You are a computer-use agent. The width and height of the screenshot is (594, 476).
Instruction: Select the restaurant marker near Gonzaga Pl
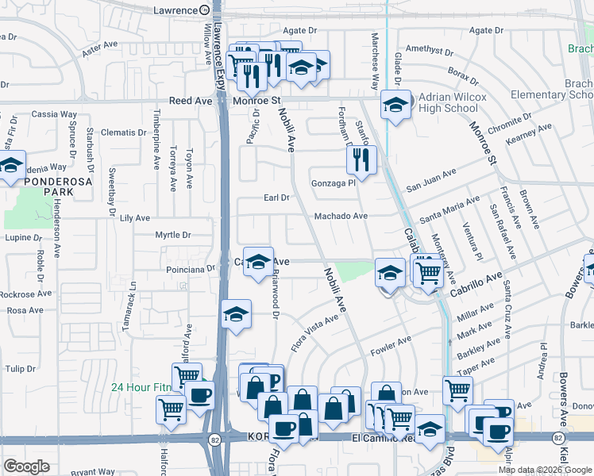[361, 161]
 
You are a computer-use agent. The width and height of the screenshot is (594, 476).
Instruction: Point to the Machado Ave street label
[341, 216]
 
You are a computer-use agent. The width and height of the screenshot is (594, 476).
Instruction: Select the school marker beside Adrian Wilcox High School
[395, 106]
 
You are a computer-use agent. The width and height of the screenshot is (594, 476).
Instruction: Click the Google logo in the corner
[27, 466]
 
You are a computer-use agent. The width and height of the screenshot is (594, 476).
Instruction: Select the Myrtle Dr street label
[173, 235]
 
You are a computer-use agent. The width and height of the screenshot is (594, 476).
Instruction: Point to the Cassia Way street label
[56, 114]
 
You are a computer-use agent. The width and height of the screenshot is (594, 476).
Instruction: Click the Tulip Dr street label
[21, 369]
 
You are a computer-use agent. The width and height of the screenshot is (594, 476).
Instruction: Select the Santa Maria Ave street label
[450, 209]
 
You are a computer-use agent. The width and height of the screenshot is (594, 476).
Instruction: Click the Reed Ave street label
[191, 102]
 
